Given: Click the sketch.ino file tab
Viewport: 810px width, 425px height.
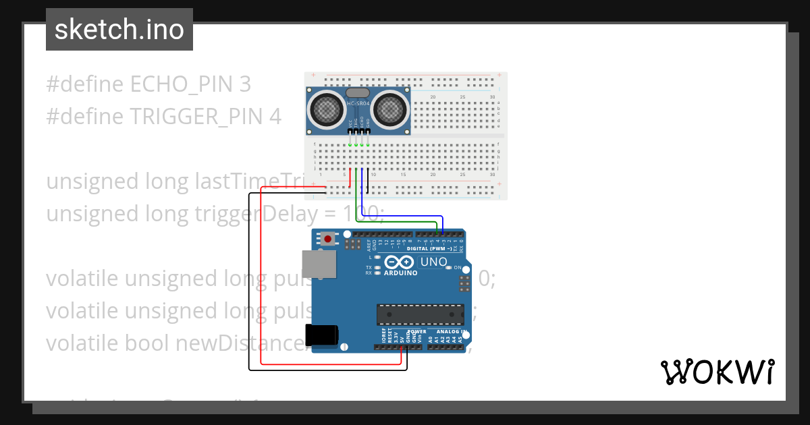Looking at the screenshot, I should tap(119, 30).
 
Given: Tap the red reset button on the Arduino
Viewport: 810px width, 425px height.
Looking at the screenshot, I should tap(329, 238).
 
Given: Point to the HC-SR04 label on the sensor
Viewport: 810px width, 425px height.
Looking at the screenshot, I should tap(358, 104).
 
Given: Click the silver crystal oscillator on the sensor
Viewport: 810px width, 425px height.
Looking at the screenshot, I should tap(358, 92).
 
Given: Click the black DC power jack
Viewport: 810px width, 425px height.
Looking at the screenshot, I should tap(322, 335).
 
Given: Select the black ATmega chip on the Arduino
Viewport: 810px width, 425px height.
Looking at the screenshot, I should tap(421, 314).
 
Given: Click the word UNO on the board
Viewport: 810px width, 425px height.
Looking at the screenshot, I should tap(433, 262).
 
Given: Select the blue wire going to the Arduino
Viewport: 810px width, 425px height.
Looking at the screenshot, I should tap(405, 216).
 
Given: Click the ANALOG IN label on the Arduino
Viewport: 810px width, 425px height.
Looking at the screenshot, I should tap(450, 332).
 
